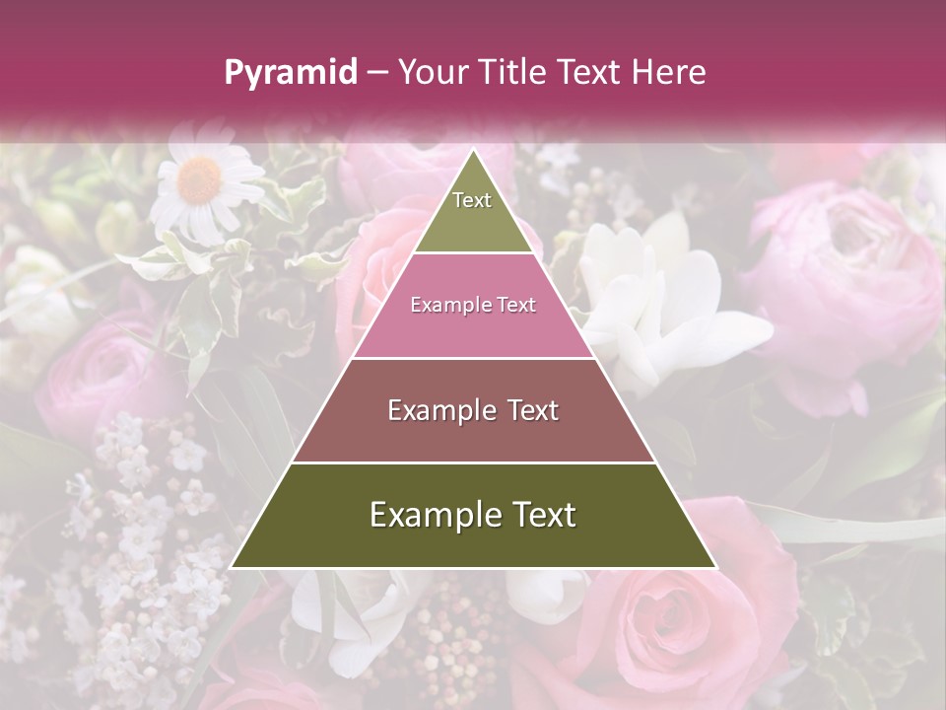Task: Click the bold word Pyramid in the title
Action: pyautogui.click(x=290, y=73)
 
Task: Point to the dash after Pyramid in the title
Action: pyautogui.click(x=377, y=73)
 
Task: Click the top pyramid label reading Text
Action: pyautogui.click(x=472, y=200)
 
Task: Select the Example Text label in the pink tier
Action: pyautogui.click(x=473, y=305)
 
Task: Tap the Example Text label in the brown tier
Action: pyautogui.click(x=473, y=410)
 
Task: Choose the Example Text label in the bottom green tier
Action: pyautogui.click(x=473, y=515)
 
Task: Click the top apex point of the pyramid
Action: pyautogui.click(x=473, y=150)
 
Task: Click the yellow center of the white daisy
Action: pyautogui.click(x=200, y=179)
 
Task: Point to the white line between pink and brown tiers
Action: pyautogui.click(x=473, y=358)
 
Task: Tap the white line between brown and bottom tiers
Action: pyautogui.click(x=473, y=462)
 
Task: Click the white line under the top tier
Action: pyautogui.click(x=473, y=252)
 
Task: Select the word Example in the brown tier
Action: pyautogui.click(x=439, y=410)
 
